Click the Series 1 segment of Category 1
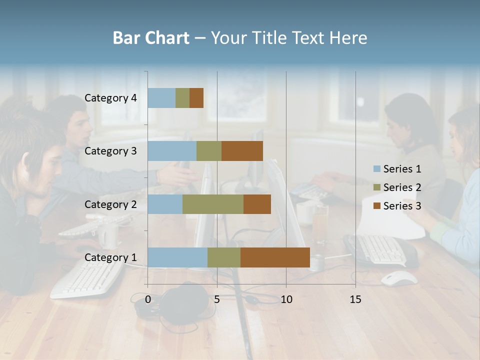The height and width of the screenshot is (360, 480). coord(177,257)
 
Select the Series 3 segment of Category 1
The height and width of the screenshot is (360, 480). coord(275,257)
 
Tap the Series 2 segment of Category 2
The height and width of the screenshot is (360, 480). coord(213,204)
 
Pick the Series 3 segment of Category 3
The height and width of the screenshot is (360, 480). coord(242,151)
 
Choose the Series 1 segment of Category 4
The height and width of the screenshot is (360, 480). coord(161,98)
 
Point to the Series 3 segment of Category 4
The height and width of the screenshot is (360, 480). coord(196,98)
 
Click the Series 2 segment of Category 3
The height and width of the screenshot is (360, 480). coord(209,151)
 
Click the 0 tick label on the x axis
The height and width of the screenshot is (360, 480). coord(148,299)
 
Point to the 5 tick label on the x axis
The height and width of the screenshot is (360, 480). coord(217,299)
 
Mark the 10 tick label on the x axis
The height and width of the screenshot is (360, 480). coord(286,299)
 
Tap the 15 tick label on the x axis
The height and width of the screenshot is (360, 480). coord(355,299)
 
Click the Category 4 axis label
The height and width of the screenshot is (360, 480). coord(110,98)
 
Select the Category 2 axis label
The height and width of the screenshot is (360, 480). coord(110,204)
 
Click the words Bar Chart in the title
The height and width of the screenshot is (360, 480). coord(151,38)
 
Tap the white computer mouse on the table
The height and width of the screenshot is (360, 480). coord(399,278)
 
